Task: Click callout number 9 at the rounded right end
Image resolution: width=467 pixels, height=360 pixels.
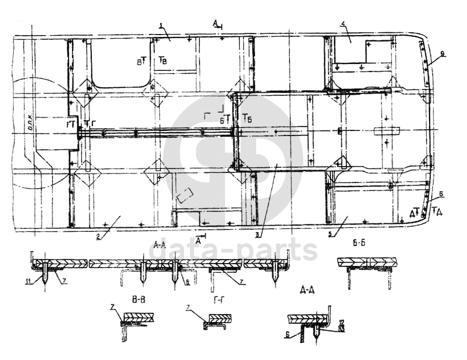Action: pos(443,54)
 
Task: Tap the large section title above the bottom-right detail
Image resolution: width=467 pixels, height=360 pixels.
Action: pos(306,289)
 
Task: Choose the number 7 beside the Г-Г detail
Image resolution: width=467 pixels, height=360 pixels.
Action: pos(188,308)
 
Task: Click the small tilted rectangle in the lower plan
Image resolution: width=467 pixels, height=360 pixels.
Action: pos(184,197)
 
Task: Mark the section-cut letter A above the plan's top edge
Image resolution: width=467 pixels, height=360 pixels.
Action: pos(216,23)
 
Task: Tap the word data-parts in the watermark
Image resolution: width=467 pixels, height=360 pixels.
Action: pos(236,250)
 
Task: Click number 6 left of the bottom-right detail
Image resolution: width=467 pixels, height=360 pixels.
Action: pos(288,335)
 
